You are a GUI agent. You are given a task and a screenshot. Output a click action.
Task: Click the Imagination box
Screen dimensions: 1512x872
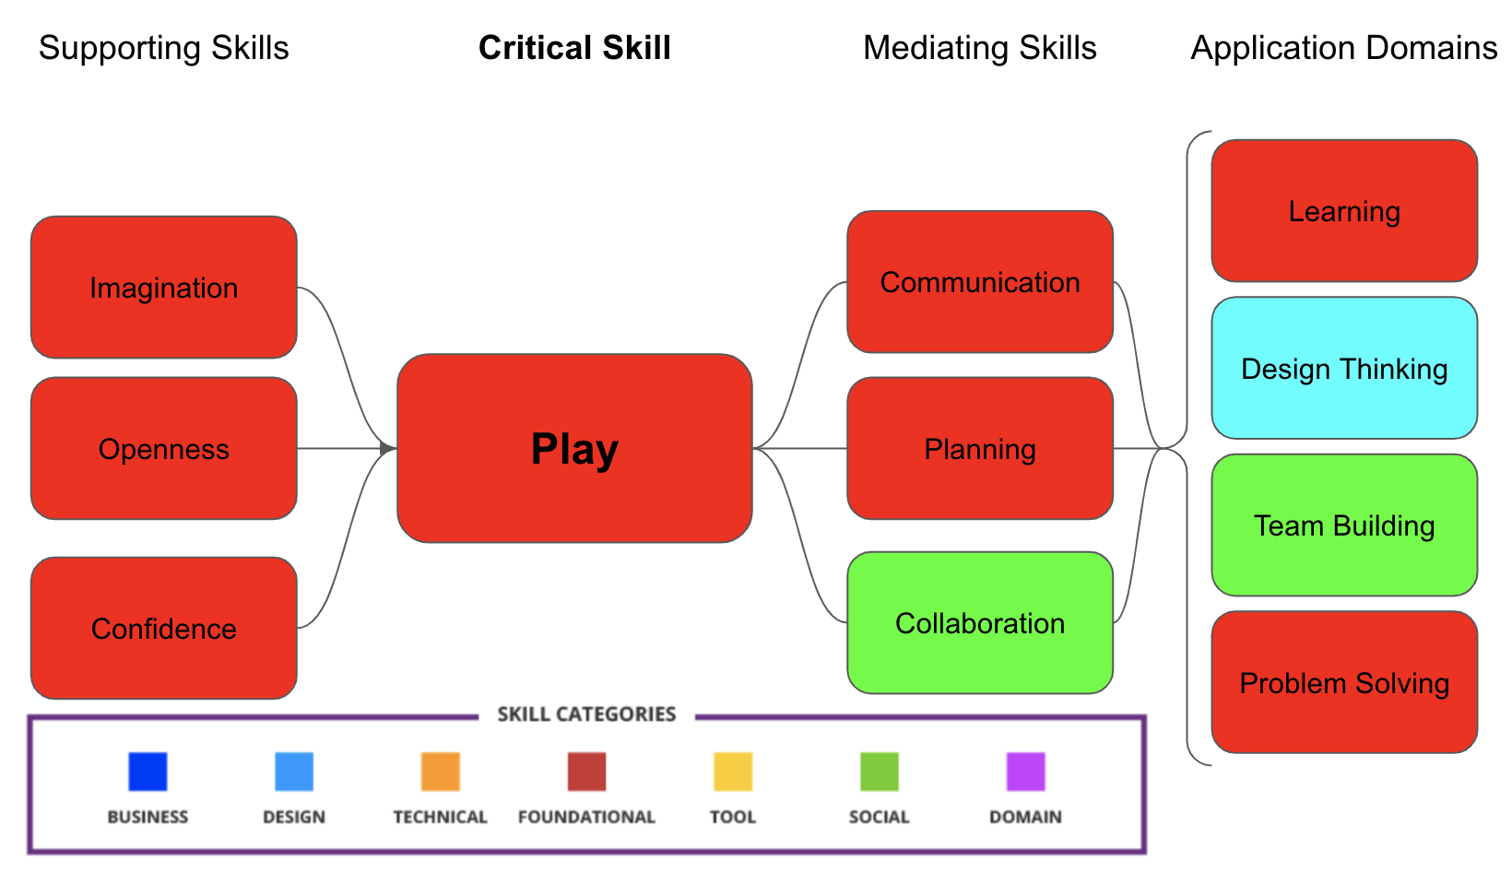pyautogui.click(x=164, y=288)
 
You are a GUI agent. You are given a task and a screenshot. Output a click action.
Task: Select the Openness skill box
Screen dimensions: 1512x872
pyautogui.click(x=164, y=449)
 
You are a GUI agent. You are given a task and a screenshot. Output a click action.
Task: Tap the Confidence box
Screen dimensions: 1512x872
pyautogui.click(x=164, y=628)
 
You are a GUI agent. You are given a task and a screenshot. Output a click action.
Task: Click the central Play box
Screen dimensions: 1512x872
pyautogui.click(x=574, y=449)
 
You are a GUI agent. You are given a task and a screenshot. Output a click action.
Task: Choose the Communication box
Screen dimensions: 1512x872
pyautogui.click(x=980, y=282)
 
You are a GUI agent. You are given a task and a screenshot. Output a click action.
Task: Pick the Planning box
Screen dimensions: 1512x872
pyautogui.click(x=980, y=449)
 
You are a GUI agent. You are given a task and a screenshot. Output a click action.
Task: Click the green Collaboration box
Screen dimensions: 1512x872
pyautogui.click(x=980, y=623)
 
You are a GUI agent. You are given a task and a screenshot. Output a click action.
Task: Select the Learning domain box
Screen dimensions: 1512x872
pyautogui.click(x=1344, y=211)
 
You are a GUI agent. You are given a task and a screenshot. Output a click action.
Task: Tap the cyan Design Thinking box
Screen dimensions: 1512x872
pyautogui.click(x=1344, y=369)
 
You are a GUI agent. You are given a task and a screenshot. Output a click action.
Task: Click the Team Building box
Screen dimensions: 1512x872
pyautogui.click(x=1344, y=525)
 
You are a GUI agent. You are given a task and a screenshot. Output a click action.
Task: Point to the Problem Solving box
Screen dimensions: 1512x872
pyautogui.click(x=1344, y=683)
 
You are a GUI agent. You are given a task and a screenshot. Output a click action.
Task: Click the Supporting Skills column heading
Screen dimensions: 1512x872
pyautogui.click(x=164, y=48)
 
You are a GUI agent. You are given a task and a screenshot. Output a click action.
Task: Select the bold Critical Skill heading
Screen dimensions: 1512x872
pyautogui.click(x=574, y=48)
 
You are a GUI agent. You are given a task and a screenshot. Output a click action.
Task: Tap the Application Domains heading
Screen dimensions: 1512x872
pyautogui.click(x=1344, y=48)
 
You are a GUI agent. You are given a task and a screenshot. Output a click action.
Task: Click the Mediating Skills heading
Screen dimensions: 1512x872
pyautogui.click(x=980, y=48)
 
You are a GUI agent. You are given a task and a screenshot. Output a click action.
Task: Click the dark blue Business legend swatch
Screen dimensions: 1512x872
pyautogui.click(x=148, y=772)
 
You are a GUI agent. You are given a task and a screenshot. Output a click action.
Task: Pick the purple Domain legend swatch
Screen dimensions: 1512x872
pyautogui.click(x=1025, y=772)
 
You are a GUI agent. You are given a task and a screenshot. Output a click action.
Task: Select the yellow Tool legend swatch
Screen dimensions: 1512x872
pyautogui.click(x=733, y=772)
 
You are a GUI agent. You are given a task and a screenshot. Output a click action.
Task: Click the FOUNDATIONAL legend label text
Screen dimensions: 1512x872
pyautogui.click(x=586, y=817)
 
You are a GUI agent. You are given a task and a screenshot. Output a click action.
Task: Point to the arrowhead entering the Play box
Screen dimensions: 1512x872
pyautogui.click(x=387, y=449)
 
